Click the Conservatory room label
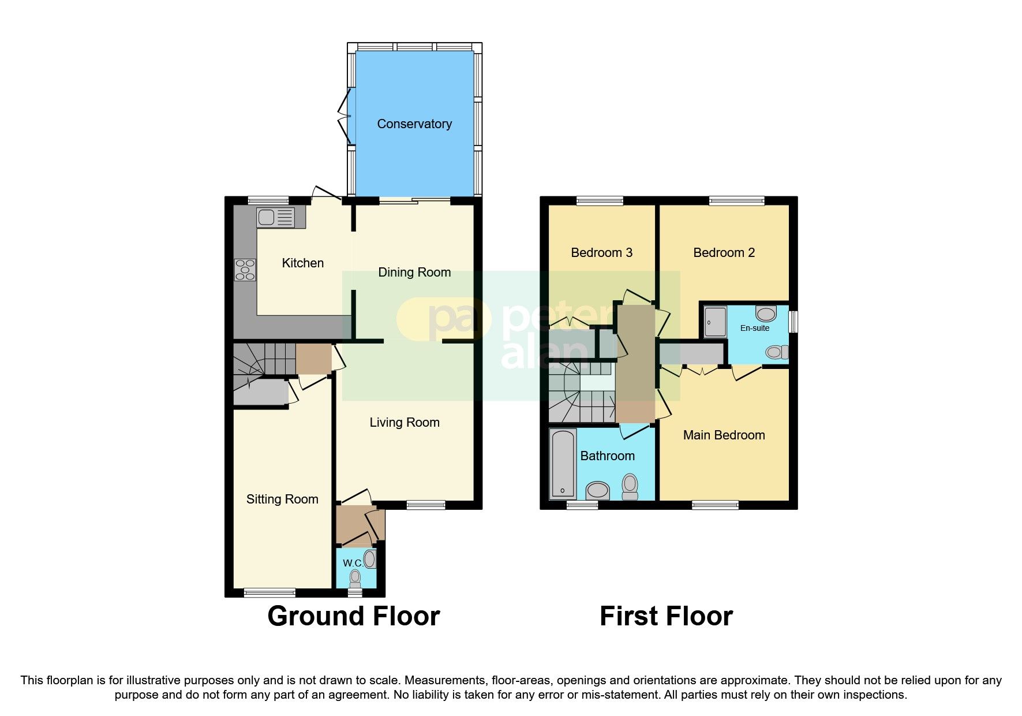point(414,124)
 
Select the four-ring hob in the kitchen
point(245,270)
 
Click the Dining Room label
point(414,272)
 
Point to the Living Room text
point(405,423)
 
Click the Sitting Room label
point(282,499)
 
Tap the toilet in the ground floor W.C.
point(355,577)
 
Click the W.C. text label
point(352,563)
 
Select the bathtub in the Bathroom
point(563,464)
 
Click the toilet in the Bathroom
point(630,486)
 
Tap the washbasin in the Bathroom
point(598,491)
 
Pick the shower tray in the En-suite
point(715,322)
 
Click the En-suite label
point(755,328)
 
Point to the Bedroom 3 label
point(601,252)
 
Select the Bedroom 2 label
point(724,252)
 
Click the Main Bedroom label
point(724,435)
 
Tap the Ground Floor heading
point(354,616)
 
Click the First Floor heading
point(666,616)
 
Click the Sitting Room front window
point(269,592)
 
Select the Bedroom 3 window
point(600,201)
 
